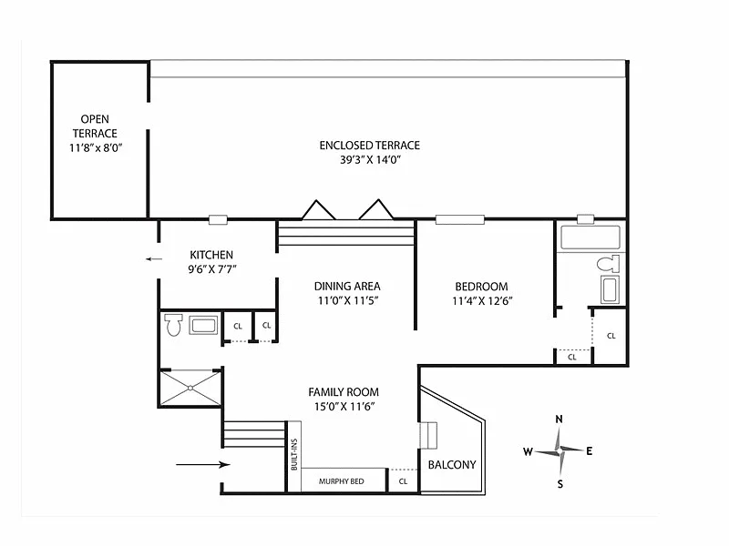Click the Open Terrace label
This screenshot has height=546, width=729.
[x=95, y=126]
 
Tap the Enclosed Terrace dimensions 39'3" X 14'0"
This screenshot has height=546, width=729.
[x=370, y=160]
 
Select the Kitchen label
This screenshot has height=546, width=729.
[x=211, y=255]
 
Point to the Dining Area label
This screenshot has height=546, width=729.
[x=347, y=286]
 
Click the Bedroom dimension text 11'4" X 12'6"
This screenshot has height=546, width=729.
[x=482, y=301]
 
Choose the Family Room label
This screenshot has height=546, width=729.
[x=344, y=392]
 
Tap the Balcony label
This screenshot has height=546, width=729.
[x=452, y=465]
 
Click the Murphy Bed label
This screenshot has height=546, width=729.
[x=341, y=481]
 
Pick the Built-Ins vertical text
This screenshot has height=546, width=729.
[x=293, y=454]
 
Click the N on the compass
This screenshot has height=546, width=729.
[x=560, y=420]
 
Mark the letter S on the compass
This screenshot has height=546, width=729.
[x=560, y=484]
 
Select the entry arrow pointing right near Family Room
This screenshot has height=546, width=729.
[x=202, y=464]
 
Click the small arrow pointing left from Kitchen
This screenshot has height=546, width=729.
[x=154, y=259]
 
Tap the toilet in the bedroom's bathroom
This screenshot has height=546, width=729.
[x=608, y=264]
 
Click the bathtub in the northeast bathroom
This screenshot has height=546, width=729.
[x=590, y=238]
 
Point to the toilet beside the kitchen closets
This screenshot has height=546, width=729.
[x=174, y=325]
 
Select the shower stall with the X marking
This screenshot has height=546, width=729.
[x=190, y=389]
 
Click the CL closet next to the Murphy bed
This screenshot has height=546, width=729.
[x=403, y=481]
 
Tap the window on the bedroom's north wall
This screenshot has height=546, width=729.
[x=460, y=219]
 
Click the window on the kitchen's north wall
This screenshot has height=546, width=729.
[x=218, y=219]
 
